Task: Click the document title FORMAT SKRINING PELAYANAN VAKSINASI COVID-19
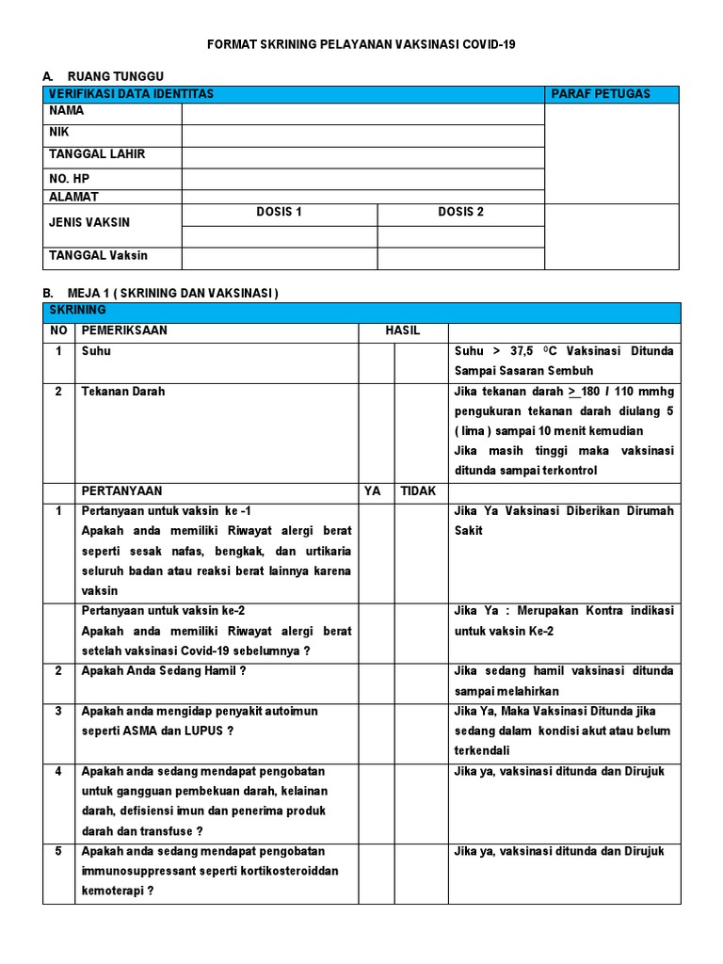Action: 361,44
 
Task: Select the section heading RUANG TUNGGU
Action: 108,76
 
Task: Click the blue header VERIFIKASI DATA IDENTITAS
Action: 131,94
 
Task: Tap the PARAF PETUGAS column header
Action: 601,94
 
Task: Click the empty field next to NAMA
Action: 362,114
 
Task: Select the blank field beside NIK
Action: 362,136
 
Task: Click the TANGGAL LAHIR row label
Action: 97,154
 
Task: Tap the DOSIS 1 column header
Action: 280,213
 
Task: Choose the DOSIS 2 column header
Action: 460,213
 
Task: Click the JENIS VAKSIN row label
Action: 89,223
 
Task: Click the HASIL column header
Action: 403,331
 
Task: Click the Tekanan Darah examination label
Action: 123,392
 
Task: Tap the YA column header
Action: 373,491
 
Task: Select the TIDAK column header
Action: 418,491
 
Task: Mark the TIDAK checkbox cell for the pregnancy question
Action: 421,682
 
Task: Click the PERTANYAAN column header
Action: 121,491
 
